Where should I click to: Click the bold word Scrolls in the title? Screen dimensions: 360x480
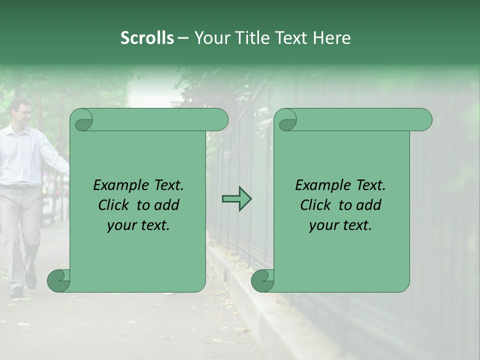tap(147, 38)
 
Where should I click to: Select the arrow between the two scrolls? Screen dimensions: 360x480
tap(236, 199)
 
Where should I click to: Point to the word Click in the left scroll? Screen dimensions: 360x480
tap(114, 205)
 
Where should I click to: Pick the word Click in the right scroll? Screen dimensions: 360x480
tap(316, 205)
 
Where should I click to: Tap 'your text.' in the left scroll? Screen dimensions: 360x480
tap(138, 225)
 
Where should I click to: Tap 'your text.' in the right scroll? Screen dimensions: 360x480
tap(340, 225)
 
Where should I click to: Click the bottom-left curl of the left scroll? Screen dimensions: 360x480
tap(58, 280)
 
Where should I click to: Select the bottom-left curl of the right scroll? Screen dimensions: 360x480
tap(262, 280)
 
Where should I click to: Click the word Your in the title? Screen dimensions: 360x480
tap(212, 38)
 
